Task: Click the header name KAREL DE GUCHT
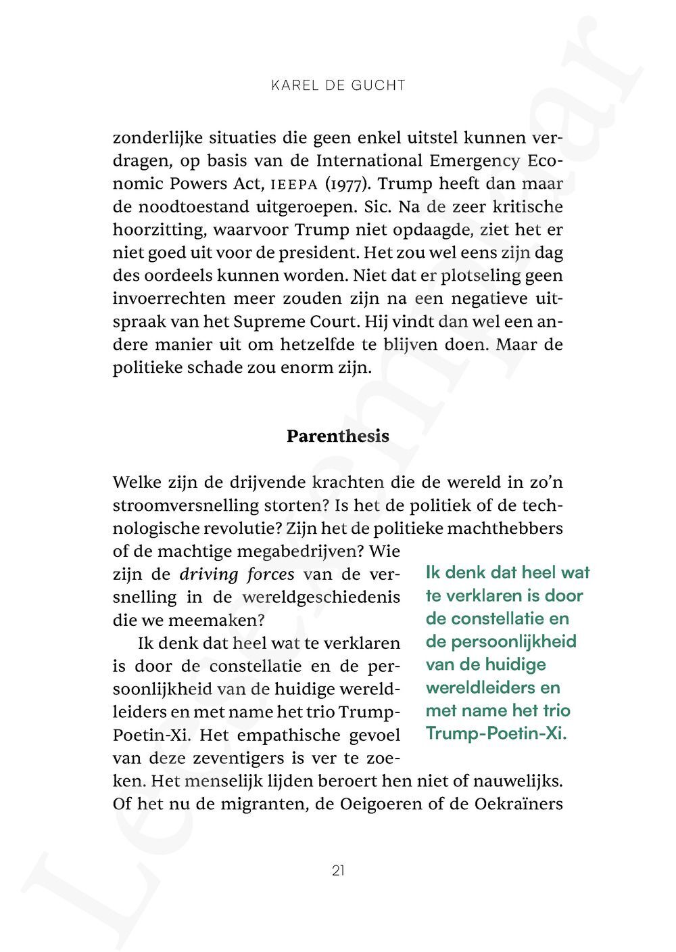(x=338, y=85)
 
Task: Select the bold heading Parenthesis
(x=338, y=436)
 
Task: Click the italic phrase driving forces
(x=237, y=575)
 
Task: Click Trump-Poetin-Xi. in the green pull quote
(x=496, y=733)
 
